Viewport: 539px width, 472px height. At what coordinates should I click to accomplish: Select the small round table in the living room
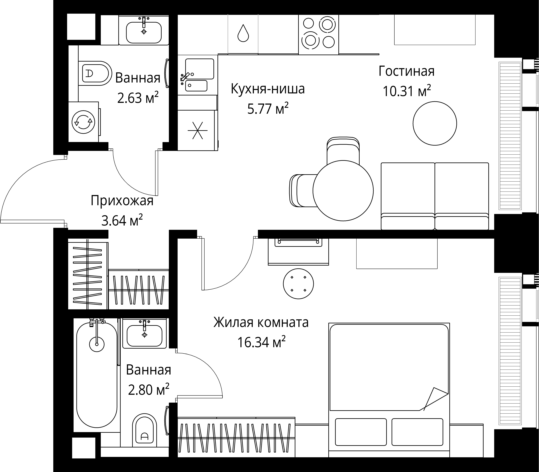coord(435,124)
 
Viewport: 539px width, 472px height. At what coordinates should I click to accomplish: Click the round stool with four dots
coord(298,284)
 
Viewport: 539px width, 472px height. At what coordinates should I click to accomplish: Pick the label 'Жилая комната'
coord(261,322)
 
